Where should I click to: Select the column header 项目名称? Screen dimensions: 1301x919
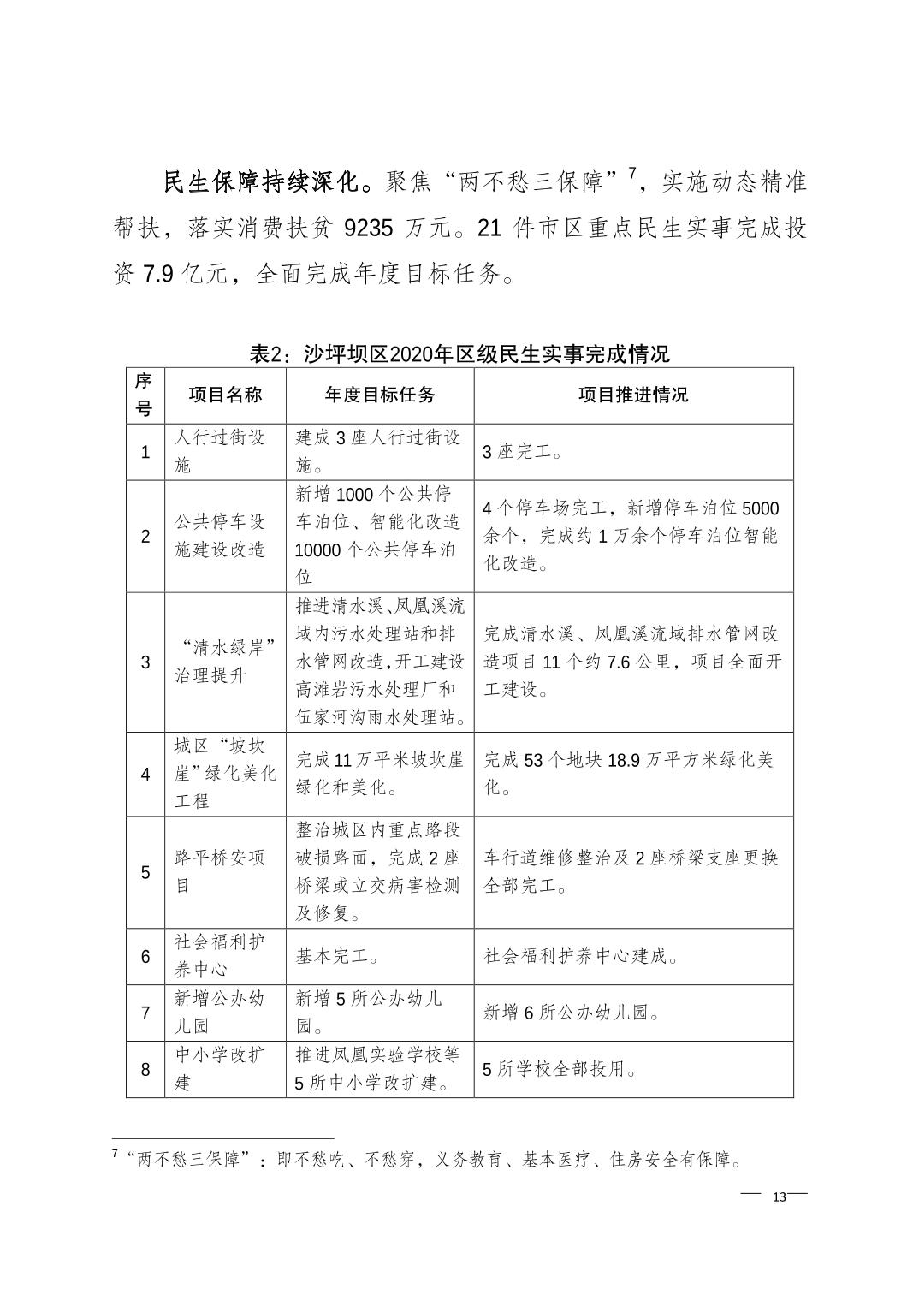click(x=225, y=395)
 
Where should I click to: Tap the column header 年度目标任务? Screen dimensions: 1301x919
click(x=380, y=395)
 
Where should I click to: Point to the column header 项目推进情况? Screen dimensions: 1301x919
click(x=633, y=395)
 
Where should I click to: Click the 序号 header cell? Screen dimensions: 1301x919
click(x=145, y=395)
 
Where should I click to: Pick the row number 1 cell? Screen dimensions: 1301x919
click(x=145, y=452)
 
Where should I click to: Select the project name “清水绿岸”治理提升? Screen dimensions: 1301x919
click(x=225, y=662)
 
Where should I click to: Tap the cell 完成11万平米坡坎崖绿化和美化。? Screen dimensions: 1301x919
click(x=379, y=773)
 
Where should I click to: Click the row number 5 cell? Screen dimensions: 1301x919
click(x=145, y=872)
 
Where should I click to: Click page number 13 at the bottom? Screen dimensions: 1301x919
click(x=779, y=1197)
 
